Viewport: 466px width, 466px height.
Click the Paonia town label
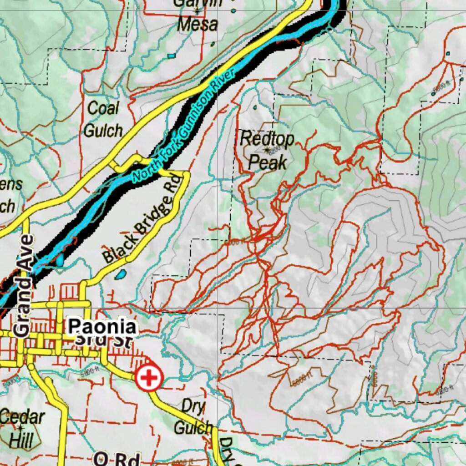[x=102, y=327]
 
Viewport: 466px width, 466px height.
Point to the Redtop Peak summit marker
[x=266, y=149]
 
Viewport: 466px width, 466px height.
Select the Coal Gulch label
[x=103, y=119]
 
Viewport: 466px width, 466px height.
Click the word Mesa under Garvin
[x=198, y=24]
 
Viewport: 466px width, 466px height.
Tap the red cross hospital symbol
[x=149, y=378]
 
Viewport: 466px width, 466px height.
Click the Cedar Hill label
[x=21, y=428]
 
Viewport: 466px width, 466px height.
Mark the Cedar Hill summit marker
[x=20, y=427]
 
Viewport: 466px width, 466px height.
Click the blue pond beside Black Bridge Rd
[x=121, y=274]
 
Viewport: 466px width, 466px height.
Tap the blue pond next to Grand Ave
[x=60, y=260]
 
